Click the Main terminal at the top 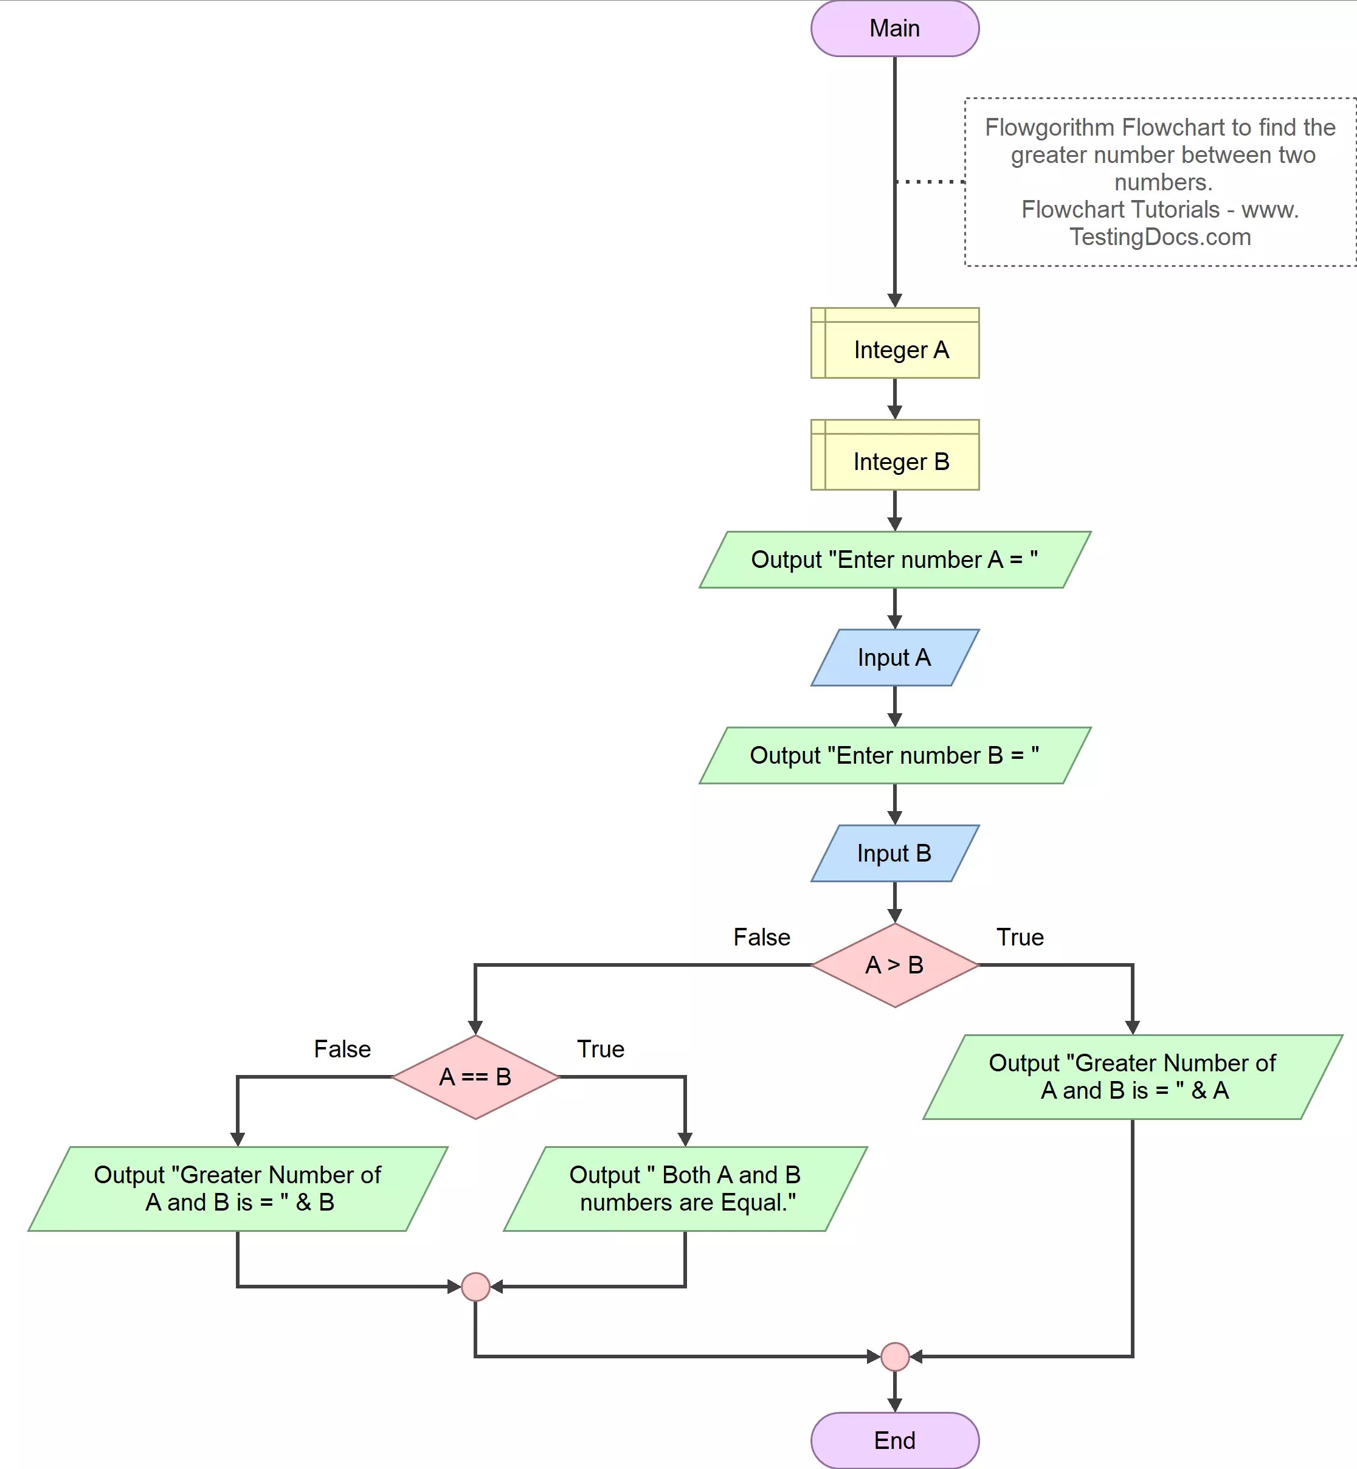tap(894, 28)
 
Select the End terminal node tap(894, 1440)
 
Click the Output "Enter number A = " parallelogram tap(894, 559)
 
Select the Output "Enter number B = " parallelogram tap(894, 755)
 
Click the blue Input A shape tap(894, 657)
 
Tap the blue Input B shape tap(894, 852)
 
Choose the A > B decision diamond tap(894, 964)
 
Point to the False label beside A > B tap(761, 937)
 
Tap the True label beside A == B tap(600, 1049)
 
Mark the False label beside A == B tap(342, 1049)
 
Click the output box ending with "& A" tap(1132, 1077)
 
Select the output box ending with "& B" tap(237, 1189)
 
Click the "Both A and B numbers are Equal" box tap(685, 1189)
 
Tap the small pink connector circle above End tap(894, 1357)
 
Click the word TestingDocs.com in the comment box tap(1160, 237)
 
